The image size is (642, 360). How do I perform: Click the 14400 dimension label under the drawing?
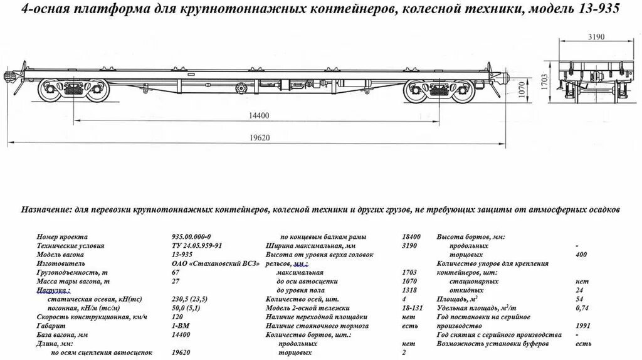(255, 115)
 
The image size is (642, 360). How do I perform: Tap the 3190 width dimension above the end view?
(596, 37)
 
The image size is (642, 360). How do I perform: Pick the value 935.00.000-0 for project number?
(192, 237)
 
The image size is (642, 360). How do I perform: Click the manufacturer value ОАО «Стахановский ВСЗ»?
(203, 264)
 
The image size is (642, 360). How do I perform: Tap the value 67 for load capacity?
(175, 273)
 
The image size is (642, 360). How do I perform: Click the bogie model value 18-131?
(411, 308)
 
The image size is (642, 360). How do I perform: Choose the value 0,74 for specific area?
(582, 308)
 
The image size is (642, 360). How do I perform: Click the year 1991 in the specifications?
(582, 326)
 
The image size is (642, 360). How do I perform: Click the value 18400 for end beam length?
(411, 237)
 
